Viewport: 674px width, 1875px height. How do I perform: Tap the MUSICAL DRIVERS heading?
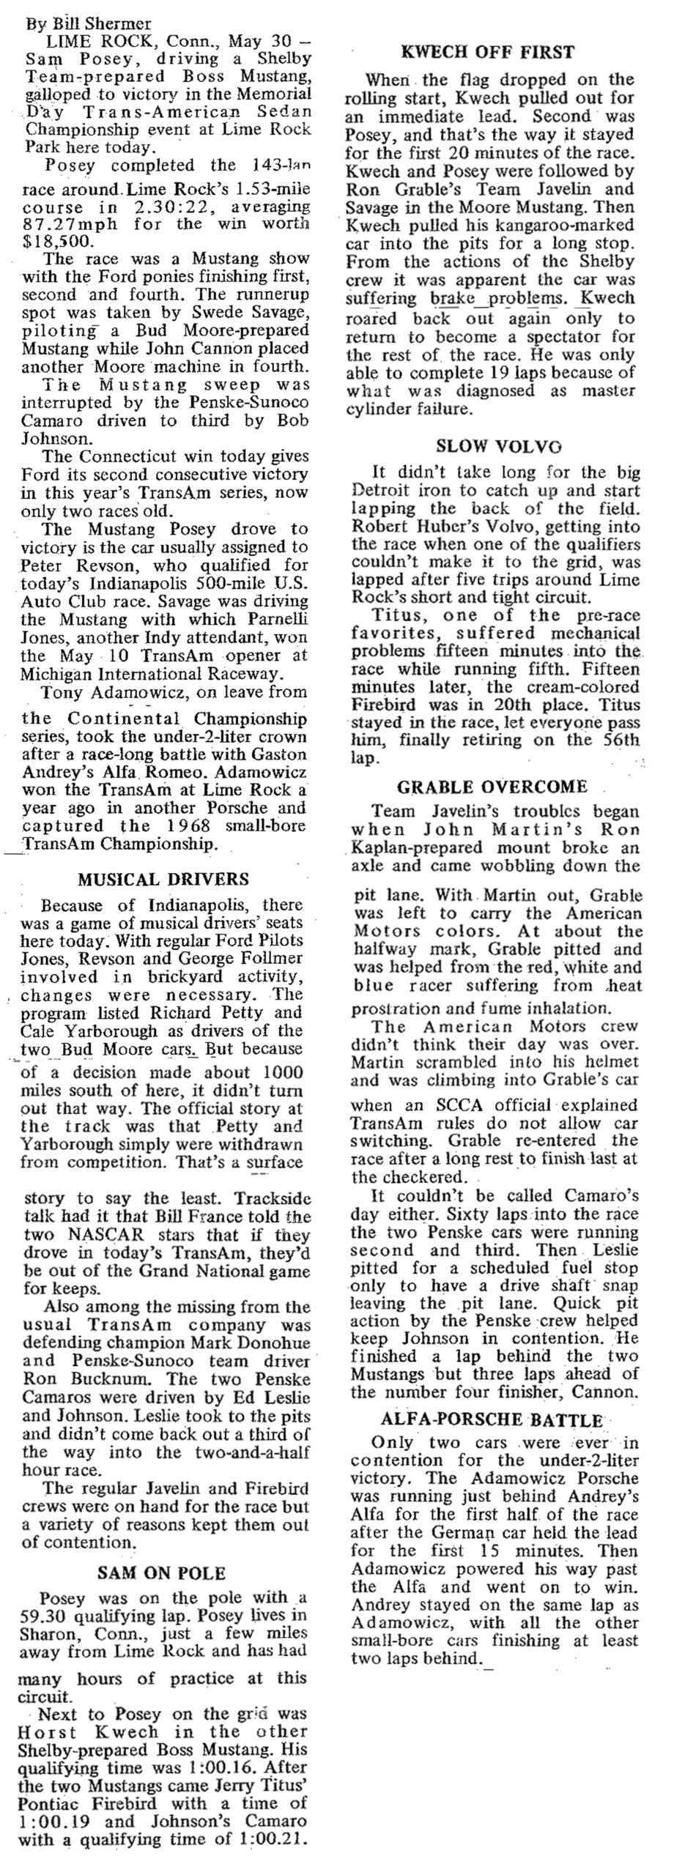click(x=163, y=879)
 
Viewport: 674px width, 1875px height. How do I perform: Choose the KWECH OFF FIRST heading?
click(x=488, y=52)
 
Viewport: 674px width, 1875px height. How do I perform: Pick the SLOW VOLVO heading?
click(x=489, y=446)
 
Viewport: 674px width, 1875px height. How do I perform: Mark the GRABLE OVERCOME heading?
click(x=492, y=787)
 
